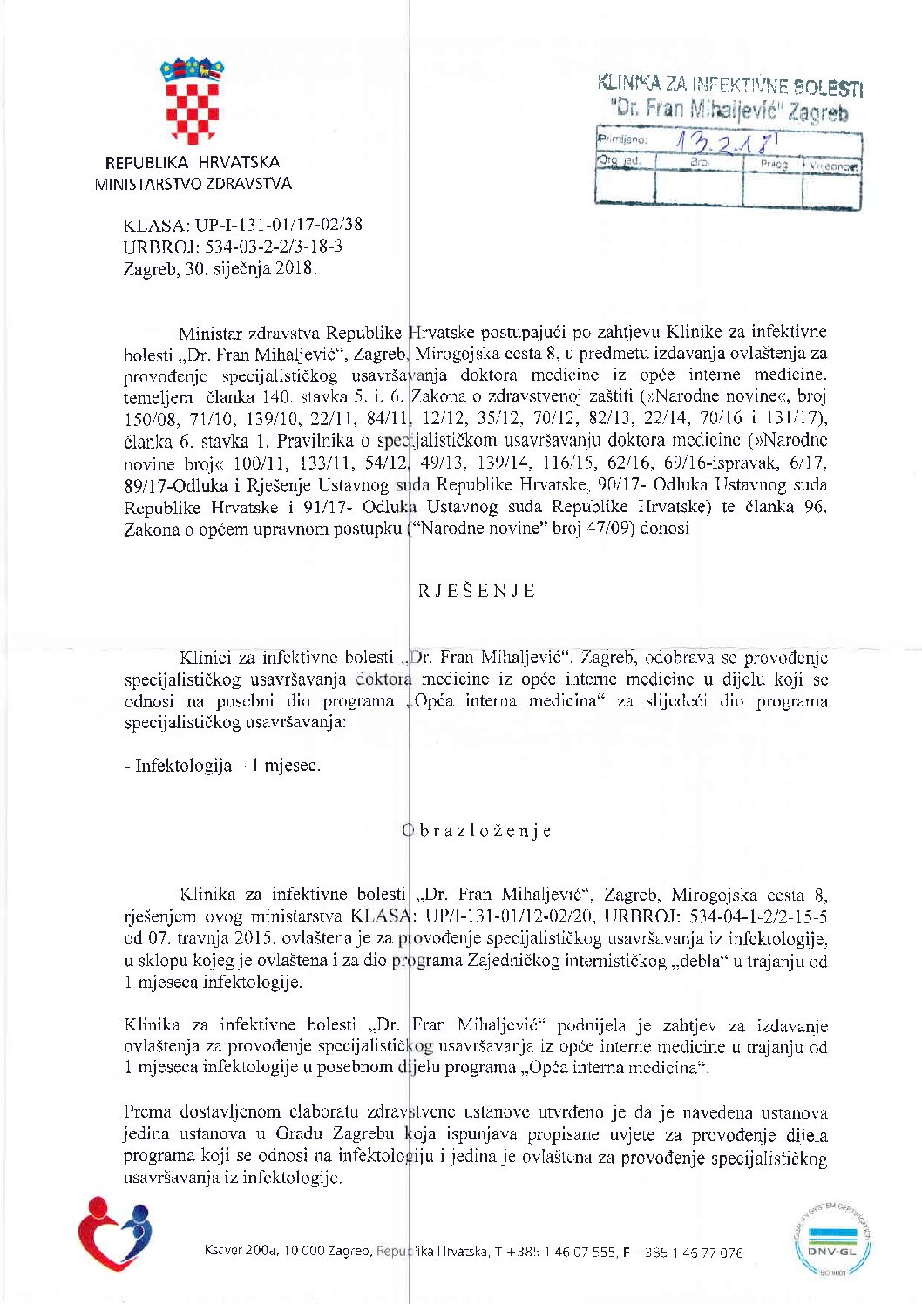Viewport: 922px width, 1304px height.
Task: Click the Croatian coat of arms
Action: pyautogui.click(x=192, y=100)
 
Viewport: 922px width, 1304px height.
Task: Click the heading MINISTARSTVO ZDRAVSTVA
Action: pyautogui.click(x=193, y=184)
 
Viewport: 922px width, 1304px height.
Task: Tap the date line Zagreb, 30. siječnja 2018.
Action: pyautogui.click(x=220, y=268)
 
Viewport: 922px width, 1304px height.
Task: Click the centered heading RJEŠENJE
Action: pyautogui.click(x=477, y=591)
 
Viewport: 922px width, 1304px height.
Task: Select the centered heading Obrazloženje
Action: pyautogui.click(x=477, y=831)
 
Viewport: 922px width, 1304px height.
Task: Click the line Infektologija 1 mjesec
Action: pyautogui.click(x=222, y=766)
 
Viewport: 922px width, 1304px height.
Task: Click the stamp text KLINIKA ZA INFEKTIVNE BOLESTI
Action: pyautogui.click(x=730, y=85)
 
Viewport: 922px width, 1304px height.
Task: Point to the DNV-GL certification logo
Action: pyautogui.click(x=832, y=1240)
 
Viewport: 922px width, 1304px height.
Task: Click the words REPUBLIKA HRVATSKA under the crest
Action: pyautogui.click(x=193, y=162)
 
